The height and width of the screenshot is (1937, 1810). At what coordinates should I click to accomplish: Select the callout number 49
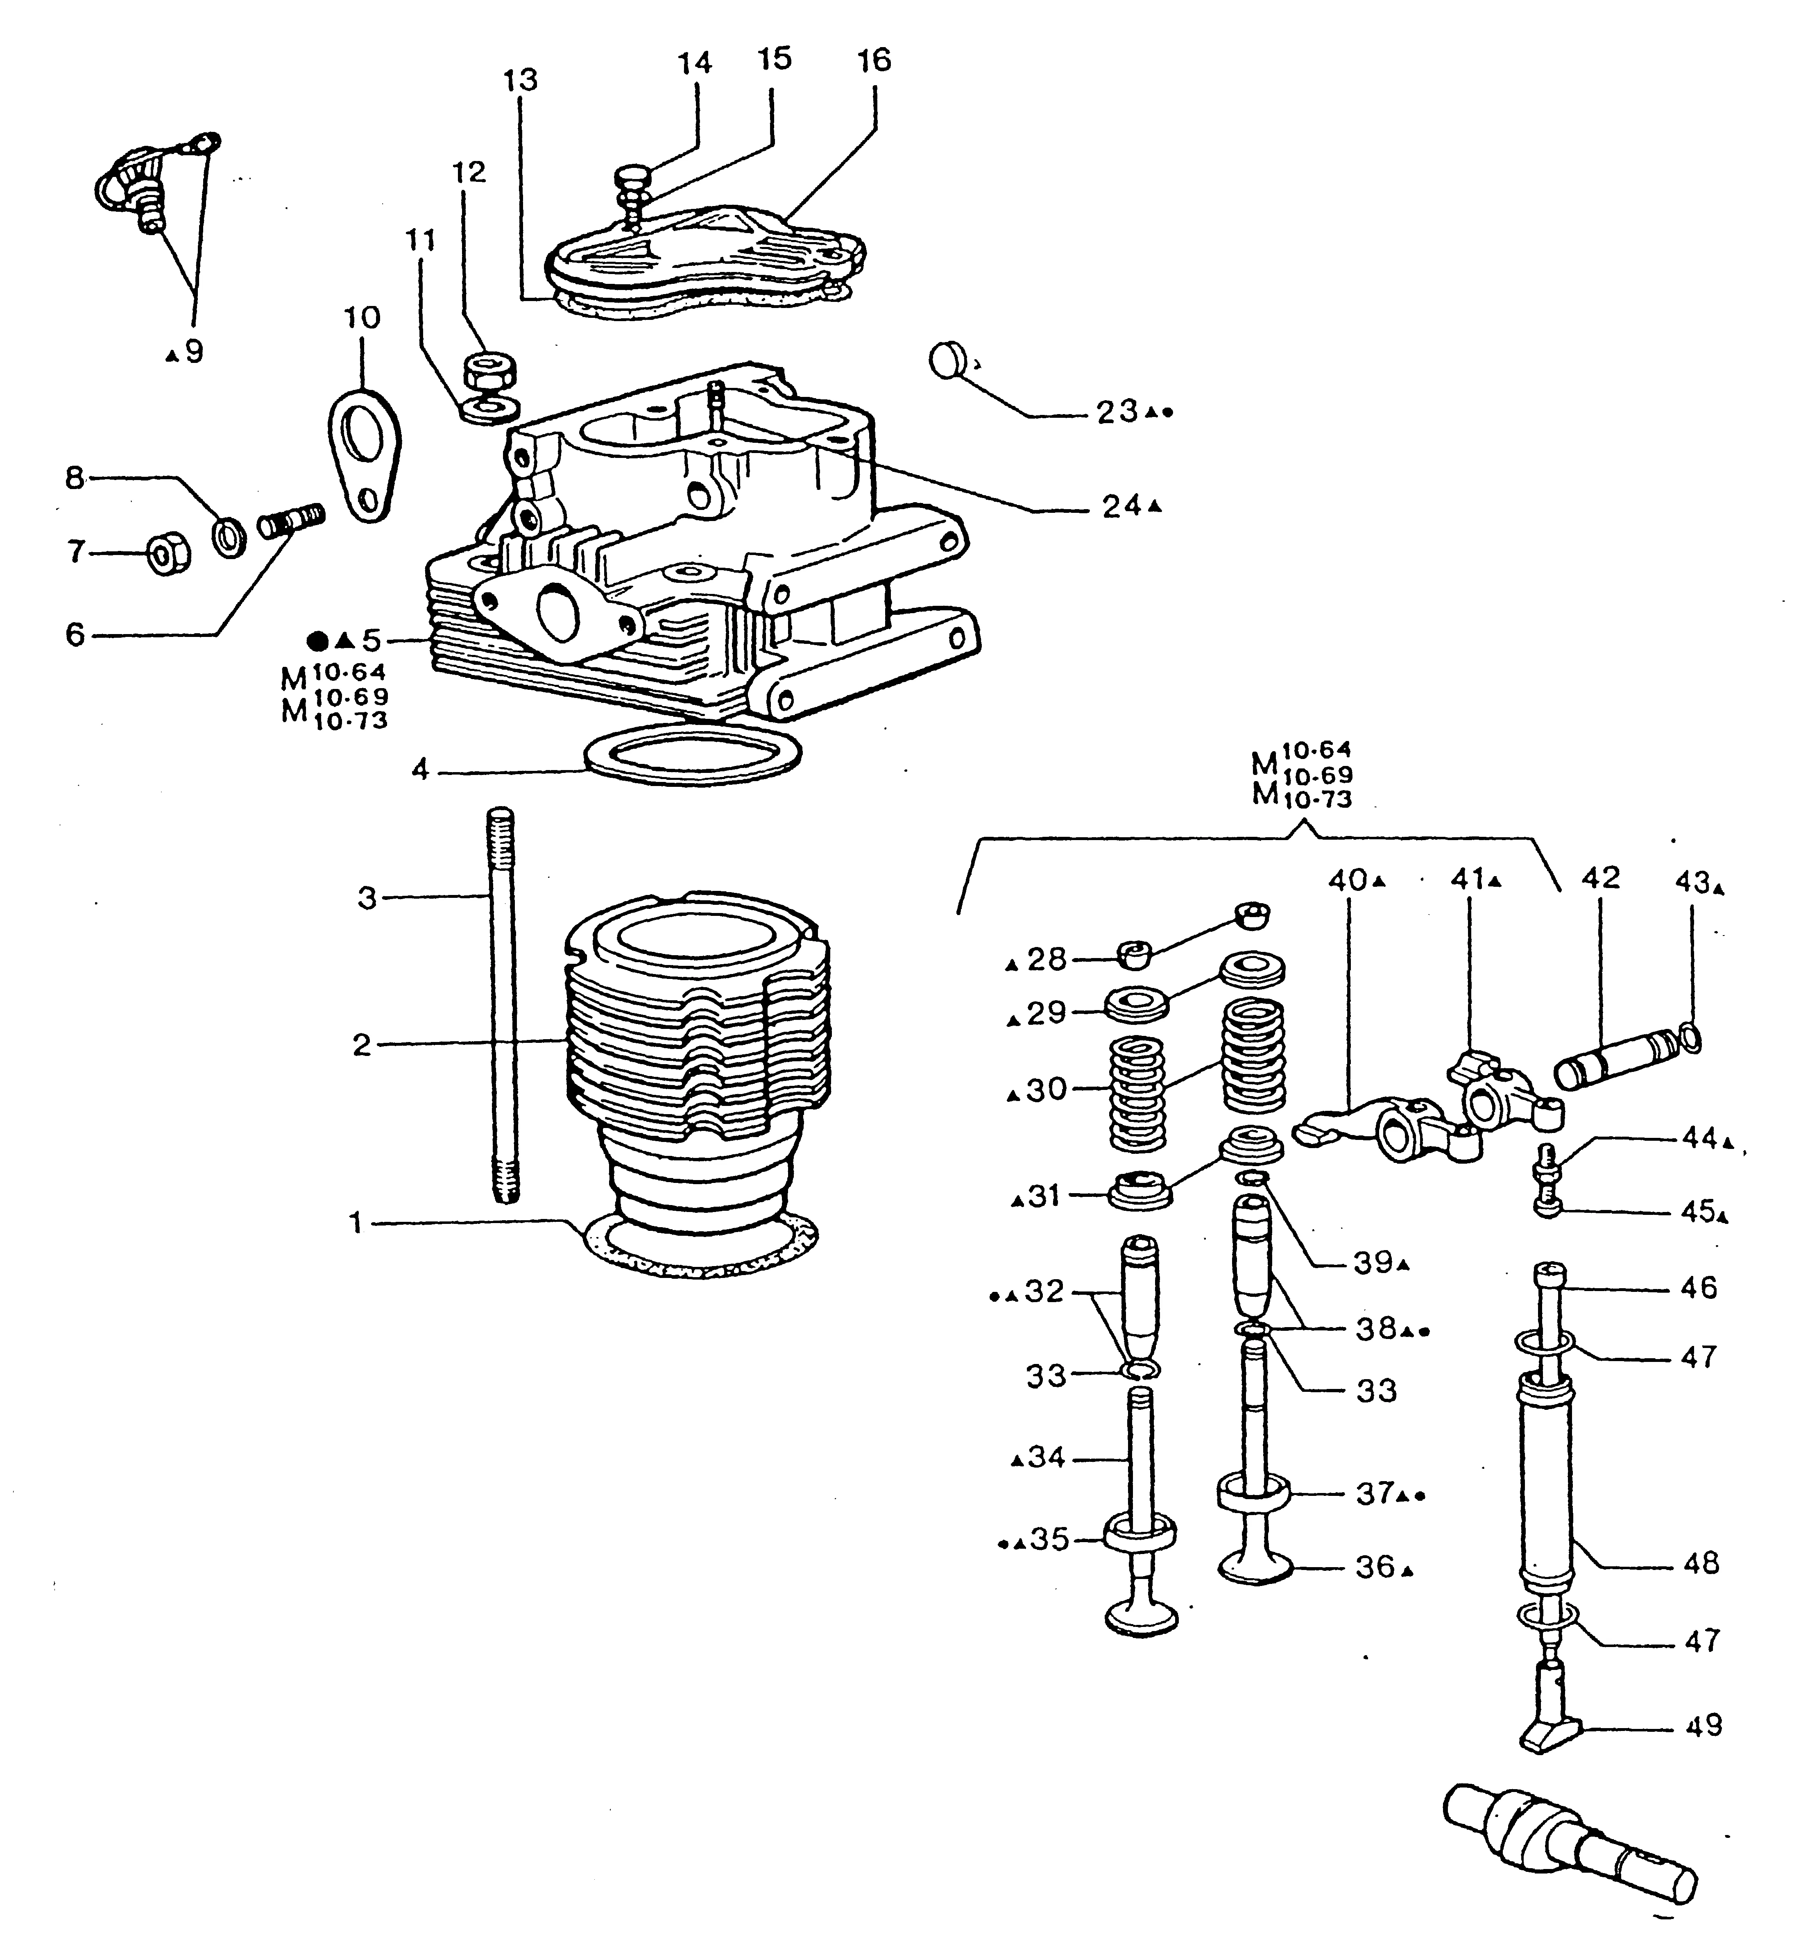(1703, 1724)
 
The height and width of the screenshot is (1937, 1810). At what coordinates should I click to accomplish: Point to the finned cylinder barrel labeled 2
(697, 1062)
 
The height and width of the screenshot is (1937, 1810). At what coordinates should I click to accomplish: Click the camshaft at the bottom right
(1568, 1840)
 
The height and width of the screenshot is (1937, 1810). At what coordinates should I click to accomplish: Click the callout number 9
(194, 352)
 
